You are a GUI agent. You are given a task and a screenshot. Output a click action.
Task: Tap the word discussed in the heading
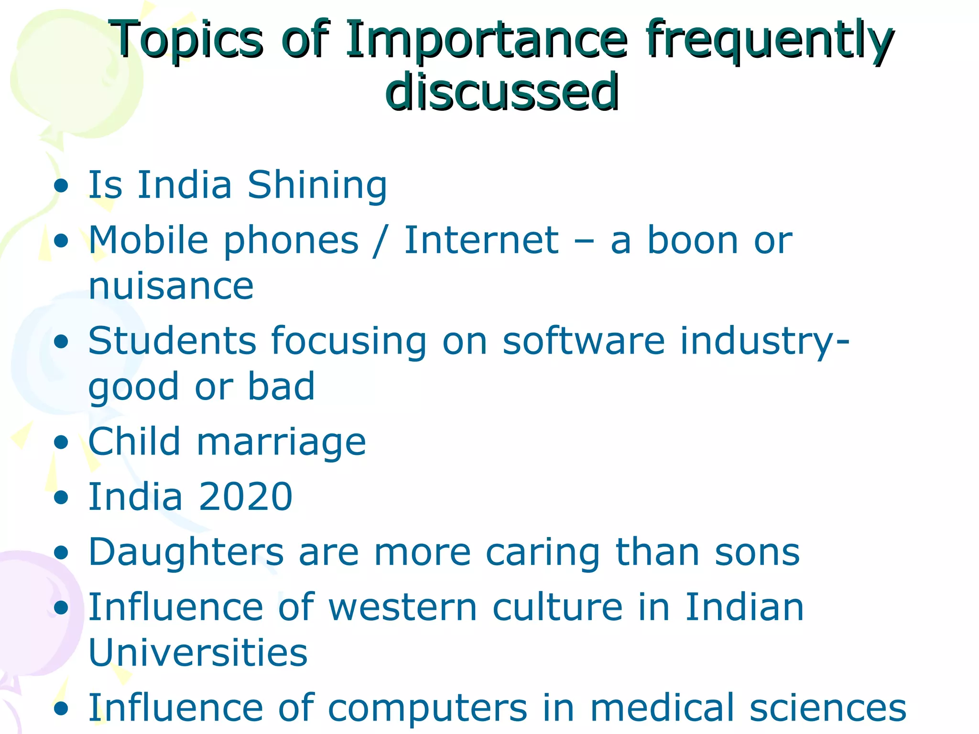(502, 92)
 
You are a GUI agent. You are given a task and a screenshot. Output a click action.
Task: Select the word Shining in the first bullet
(317, 185)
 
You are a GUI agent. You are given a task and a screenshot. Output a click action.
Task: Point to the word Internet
(481, 240)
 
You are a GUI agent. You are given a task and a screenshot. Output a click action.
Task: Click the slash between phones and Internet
(381, 240)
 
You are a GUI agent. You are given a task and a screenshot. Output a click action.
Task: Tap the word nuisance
(171, 286)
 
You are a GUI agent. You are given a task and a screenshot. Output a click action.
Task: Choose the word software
(584, 341)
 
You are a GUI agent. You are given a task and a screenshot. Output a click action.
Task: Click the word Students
(172, 341)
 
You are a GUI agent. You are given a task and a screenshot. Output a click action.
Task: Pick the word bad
(281, 387)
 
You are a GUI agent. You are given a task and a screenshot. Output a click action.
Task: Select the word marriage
(281, 442)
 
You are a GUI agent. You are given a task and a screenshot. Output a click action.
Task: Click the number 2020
(245, 497)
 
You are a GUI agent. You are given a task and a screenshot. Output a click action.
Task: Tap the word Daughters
(186, 552)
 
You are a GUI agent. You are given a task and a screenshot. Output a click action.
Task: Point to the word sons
(757, 552)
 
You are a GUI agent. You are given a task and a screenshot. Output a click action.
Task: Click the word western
(403, 607)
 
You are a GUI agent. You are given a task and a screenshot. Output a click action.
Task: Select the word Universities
(198, 653)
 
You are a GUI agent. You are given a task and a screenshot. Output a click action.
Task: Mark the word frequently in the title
(768, 41)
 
